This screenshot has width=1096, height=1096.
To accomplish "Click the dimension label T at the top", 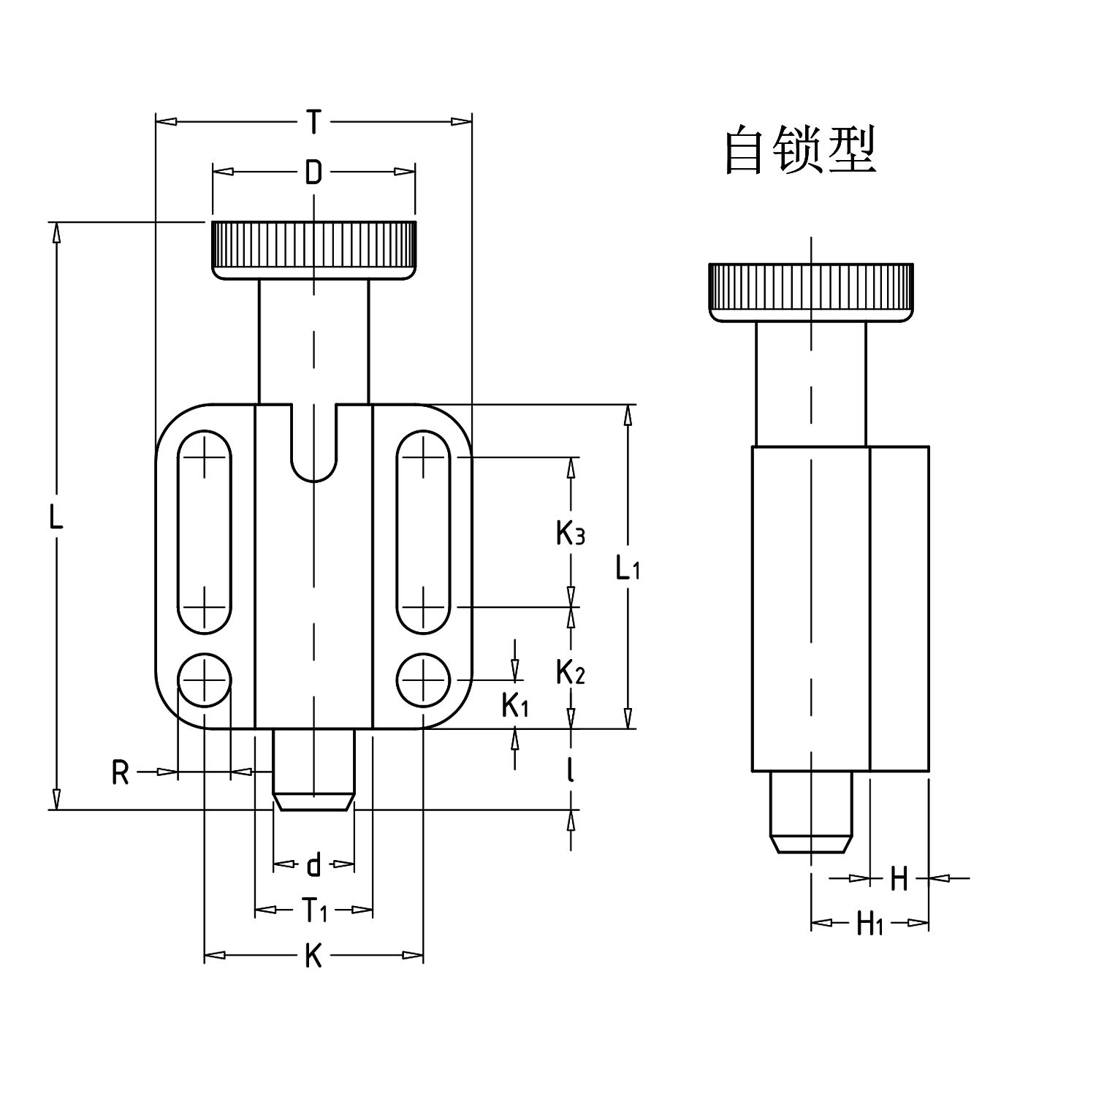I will tap(313, 121).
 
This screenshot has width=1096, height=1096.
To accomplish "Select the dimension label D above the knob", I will tap(313, 172).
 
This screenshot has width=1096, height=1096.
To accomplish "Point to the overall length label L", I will tap(56, 517).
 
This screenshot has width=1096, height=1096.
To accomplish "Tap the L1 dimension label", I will tap(627, 567).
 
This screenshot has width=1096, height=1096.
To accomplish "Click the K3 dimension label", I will tap(570, 534).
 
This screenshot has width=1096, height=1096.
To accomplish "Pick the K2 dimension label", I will tap(570, 671).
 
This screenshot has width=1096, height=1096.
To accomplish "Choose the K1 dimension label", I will tap(515, 705).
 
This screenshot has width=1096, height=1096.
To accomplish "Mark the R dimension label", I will tap(121, 772).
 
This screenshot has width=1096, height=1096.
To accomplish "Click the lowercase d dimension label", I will tap(313, 865).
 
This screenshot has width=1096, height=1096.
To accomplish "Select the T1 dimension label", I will tap(314, 910).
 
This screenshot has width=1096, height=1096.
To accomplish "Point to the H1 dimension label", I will tap(869, 924).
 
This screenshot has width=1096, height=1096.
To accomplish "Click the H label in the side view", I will tap(899, 878).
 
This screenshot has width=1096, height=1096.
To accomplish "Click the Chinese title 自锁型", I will tap(800, 150).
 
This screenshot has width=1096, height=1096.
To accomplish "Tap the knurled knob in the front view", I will tap(313, 249).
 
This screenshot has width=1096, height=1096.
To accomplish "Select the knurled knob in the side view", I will tap(811, 291).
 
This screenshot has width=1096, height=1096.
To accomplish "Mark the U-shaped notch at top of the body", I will tap(313, 446).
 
